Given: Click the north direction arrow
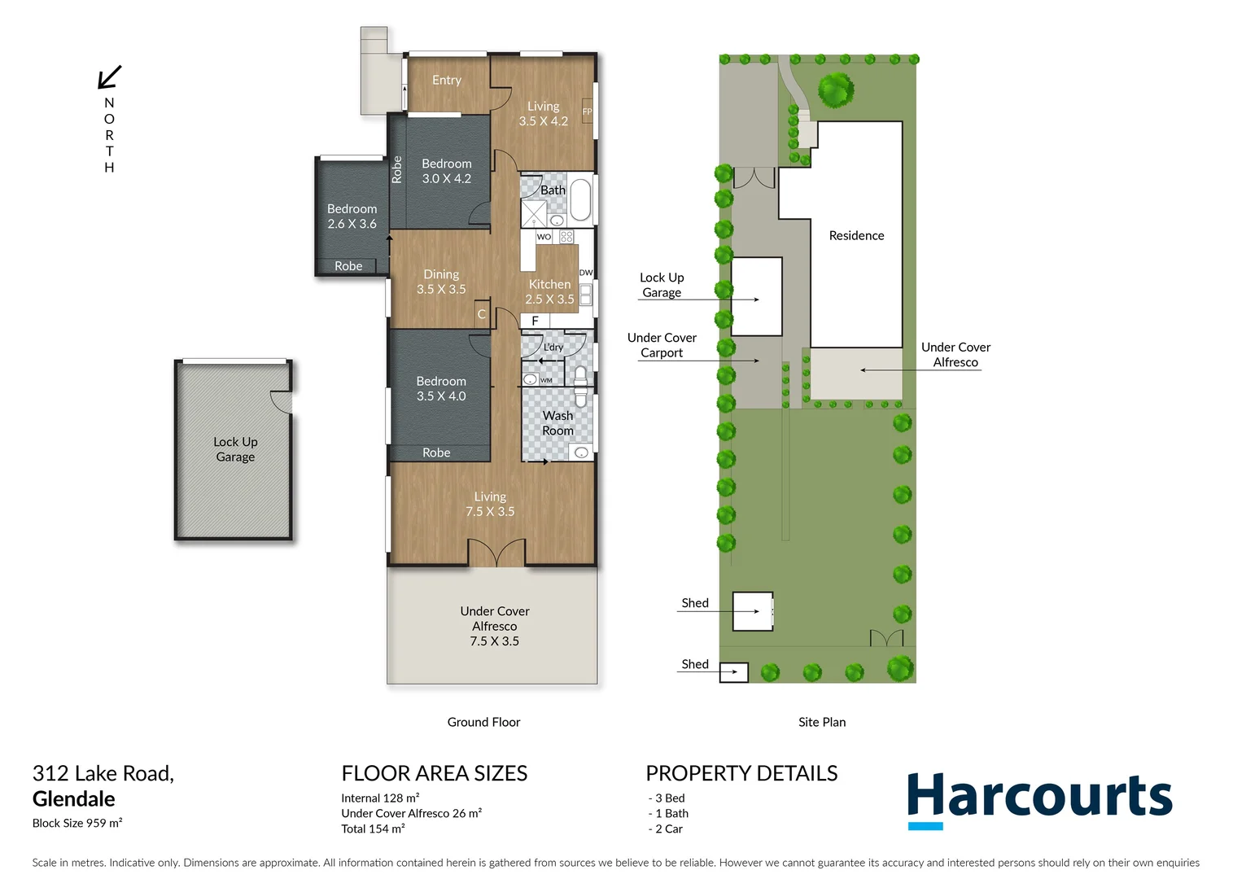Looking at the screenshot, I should [x=110, y=77].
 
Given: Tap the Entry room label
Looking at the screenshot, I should [x=446, y=80].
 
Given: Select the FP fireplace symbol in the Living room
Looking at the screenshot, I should [x=587, y=112].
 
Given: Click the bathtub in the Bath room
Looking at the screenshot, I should [x=580, y=199].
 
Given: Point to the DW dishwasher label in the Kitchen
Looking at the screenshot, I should [x=585, y=273].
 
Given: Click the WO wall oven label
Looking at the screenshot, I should [x=544, y=237].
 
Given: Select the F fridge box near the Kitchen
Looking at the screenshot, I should [x=535, y=321].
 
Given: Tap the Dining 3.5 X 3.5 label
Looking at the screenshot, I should [x=441, y=282].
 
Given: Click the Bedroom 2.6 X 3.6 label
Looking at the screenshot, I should [x=352, y=216].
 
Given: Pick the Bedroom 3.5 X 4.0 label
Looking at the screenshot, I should [x=441, y=388].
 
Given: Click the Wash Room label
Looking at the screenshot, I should [x=557, y=423].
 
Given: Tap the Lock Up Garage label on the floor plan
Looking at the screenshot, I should [x=235, y=449].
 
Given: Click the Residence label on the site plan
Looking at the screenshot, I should [x=856, y=235].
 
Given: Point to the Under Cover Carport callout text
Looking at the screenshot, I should [x=662, y=345].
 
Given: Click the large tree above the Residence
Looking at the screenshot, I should [x=835, y=90].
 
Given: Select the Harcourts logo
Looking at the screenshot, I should [x=1039, y=798].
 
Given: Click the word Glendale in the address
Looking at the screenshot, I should [x=74, y=798].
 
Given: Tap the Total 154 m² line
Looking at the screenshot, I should [x=373, y=829].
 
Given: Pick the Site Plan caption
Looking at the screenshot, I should [x=822, y=722].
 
